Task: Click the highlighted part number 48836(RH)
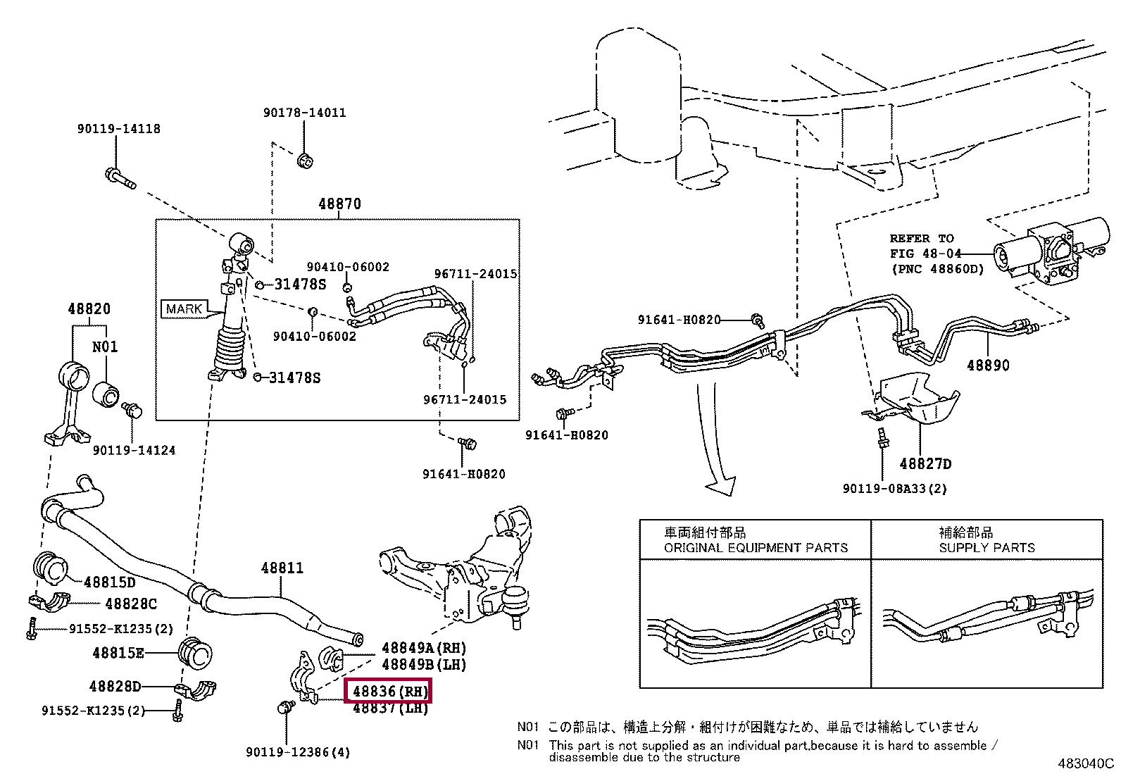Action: point(387,692)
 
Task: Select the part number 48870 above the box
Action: point(339,204)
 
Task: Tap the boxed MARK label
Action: point(184,308)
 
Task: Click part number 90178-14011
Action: point(305,113)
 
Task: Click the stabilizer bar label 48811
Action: point(282,568)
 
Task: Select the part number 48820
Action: point(89,309)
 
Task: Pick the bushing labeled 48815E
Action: point(196,654)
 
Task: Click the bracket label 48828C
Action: point(131,604)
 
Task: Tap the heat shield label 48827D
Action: point(925,463)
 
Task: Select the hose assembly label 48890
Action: point(987,366)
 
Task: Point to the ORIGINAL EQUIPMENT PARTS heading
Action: point(756,547)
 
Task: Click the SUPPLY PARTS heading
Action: point(987,547)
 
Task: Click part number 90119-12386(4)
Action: point(298,752)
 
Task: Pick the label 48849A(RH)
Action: point(424,648)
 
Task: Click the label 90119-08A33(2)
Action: point(894,488)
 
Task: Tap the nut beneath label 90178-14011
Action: point(306,161)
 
